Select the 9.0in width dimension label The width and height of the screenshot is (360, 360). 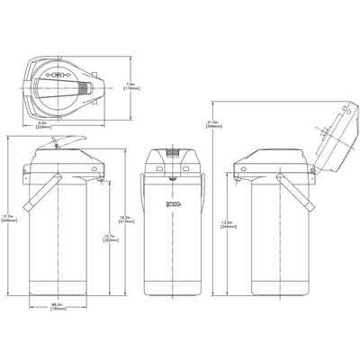coord(67,125)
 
